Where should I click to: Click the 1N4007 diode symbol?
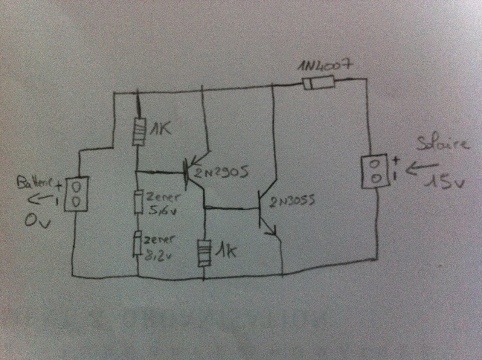point(319,83)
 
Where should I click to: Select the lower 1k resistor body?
point(204,253)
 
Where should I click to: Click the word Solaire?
point(444,143)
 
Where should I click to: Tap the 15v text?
point(447,183)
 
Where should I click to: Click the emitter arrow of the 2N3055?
point(273,231)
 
